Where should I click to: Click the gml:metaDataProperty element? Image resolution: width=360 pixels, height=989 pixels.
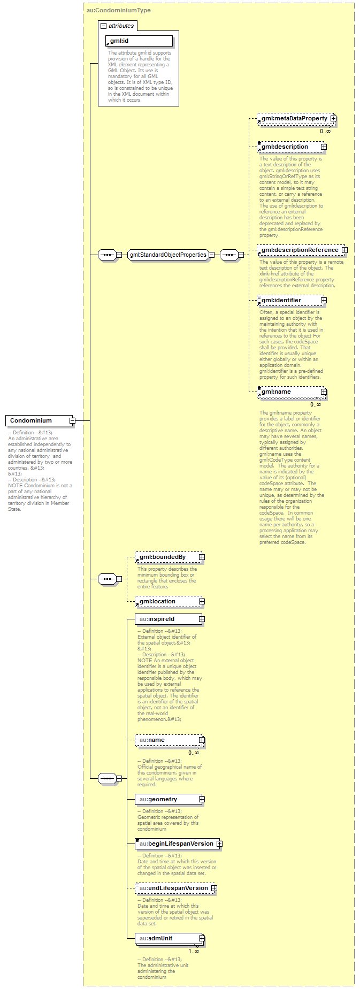tap(294, 118)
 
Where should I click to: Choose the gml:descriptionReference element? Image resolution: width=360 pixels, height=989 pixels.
tap(300, 250)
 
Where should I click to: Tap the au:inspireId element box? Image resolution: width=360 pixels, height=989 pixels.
tap(166, 619)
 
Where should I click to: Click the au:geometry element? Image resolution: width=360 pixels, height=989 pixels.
tap(166, 799)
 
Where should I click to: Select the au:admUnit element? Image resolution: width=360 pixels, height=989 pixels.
tap(166, 938)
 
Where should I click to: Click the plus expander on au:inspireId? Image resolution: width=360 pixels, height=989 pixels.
tap(202, 619)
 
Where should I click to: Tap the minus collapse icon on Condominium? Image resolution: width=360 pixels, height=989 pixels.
tap(72, 420)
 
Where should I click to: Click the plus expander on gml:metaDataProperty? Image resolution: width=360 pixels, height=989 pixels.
tap(333, 118)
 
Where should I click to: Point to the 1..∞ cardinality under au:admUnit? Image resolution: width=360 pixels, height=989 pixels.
tap(194, 951)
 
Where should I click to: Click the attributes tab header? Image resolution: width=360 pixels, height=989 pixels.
tap(118, 26)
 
